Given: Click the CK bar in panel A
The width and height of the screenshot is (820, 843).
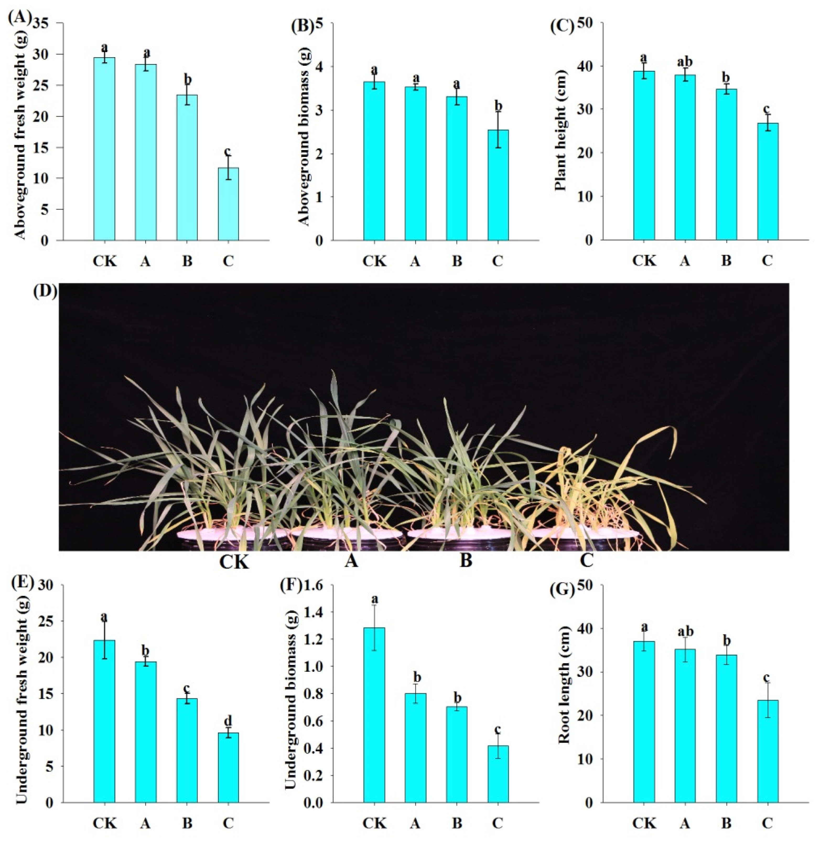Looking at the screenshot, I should (x=104, y=149).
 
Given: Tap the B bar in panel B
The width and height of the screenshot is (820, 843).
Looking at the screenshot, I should (x=456, y=168).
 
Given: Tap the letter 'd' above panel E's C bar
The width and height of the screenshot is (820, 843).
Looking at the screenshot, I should (x=228, y=720).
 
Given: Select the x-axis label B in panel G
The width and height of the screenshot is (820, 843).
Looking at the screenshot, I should (x=726, y=824).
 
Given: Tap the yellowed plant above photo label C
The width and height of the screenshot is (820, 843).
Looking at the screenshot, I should (x=594, y=487).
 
